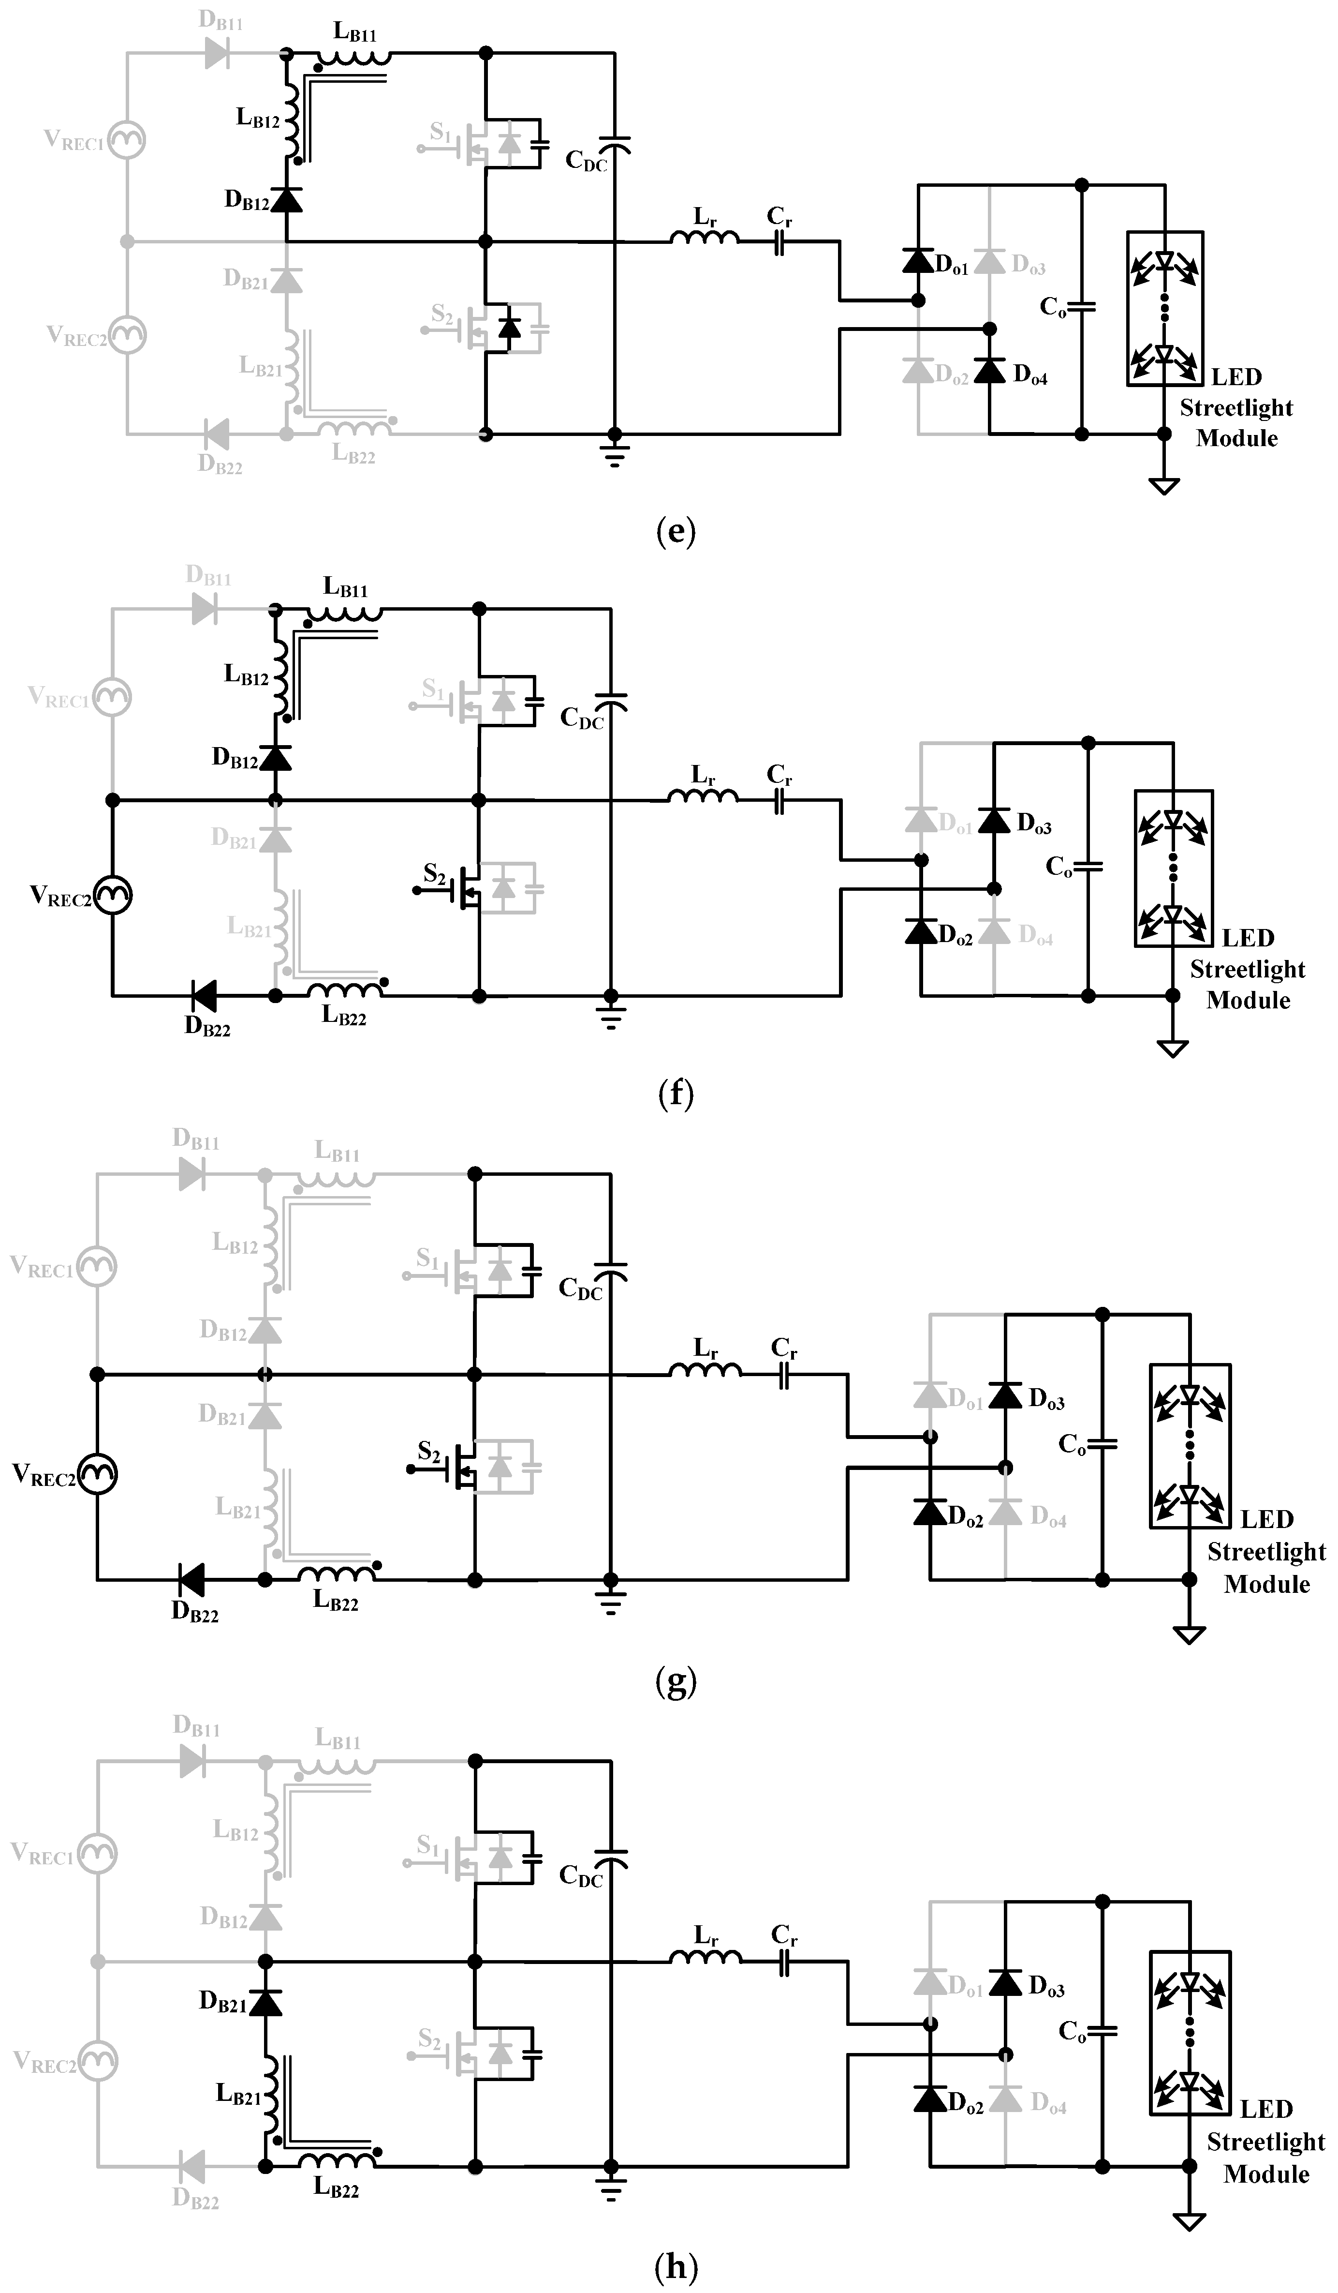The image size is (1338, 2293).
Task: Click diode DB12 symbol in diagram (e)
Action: (x=287, y=199)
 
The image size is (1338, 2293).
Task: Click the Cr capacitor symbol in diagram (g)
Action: (x=784, y=1376)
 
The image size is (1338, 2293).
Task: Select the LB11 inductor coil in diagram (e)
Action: (x=355, y=58)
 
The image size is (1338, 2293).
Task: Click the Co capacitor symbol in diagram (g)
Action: (x=1102, y=1444)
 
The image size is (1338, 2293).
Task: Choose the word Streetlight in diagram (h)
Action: (x=1265, y=2142)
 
